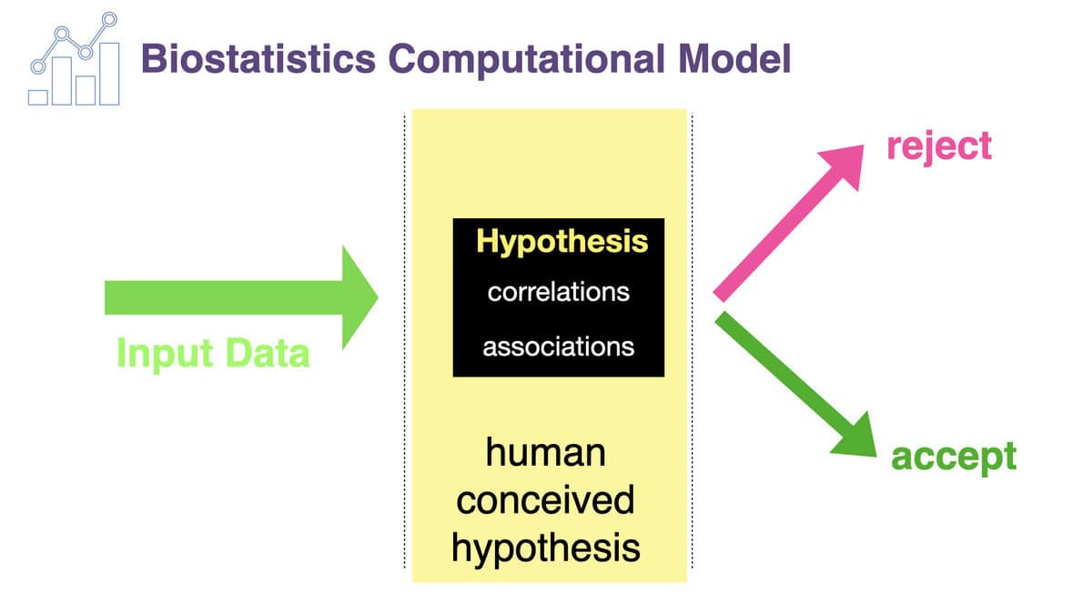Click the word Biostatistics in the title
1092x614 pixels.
[258, 58]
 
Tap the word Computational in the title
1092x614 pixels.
[527, 60]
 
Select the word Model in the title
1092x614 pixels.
[734, 58]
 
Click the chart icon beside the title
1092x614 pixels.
[74, 59]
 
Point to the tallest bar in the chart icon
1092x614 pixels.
[110, 74]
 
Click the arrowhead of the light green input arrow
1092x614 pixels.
[359, 297]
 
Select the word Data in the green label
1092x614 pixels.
[268, 352]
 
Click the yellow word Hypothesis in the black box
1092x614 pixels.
[562, 242]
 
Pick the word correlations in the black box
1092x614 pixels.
[559, 292]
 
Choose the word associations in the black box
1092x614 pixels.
[559, 347]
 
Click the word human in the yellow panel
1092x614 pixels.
[545, 452]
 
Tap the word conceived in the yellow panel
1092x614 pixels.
[545, 499]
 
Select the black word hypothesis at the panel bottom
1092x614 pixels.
[545, 549]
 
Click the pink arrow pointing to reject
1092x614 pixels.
[788, 223]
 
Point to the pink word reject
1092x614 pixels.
[939, 146]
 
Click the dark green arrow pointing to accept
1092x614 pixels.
[795, 384]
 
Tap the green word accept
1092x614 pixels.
[954, 458]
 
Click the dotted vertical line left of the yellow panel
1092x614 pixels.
[404, 340]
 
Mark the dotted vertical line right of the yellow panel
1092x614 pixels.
[692, 340]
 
